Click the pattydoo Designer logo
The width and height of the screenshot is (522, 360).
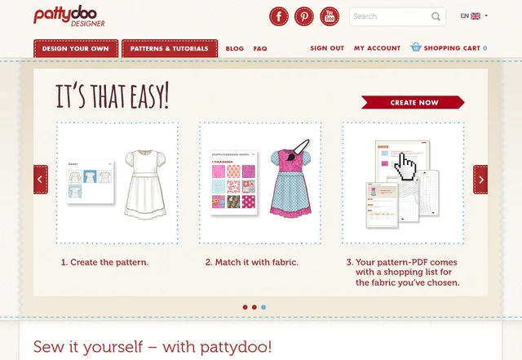(x=69, y=16)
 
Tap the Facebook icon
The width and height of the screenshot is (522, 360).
(x=280, y=16)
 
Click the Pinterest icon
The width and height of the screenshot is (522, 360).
(x=304, y=16)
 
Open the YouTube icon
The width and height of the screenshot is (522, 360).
(x=329, y=16)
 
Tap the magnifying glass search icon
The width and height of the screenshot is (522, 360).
(x=436, y=16)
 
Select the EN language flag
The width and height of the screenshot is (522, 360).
(x=476, y=16)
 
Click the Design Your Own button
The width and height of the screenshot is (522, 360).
(x=77, y=49)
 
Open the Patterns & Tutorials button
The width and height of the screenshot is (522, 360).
(x=170, y=49)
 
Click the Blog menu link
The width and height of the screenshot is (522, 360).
(x=234, y=49)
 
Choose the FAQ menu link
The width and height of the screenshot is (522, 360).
(x=260, y=49)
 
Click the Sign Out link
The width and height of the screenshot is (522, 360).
(x=327, y=48)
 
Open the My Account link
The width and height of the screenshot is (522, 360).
(x=377, y=48)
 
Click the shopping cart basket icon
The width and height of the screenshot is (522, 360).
(x=416, y=47)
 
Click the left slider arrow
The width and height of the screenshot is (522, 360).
(x=41, y=180)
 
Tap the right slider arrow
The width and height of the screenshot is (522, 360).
(x=481, y=180)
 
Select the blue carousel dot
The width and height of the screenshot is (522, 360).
(x=263, y=307)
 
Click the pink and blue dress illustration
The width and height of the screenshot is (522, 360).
(x=291, y=184)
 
